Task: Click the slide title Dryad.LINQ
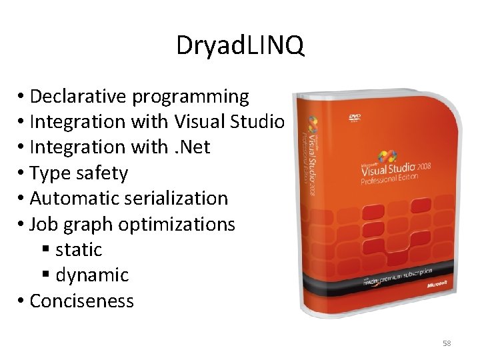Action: [240, 46]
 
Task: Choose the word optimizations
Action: [177, 225]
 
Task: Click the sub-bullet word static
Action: [79, 250]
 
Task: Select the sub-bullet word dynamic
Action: [92, 275]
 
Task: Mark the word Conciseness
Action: [81, 301]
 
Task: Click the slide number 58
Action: [447, 343]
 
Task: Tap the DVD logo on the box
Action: [354, 118]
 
